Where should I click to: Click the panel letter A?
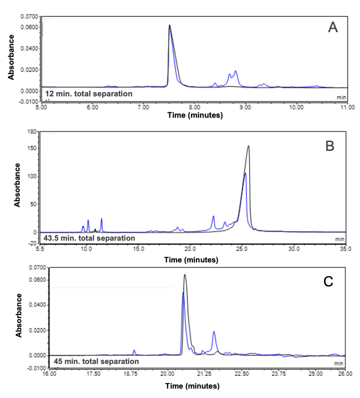click(333, 28)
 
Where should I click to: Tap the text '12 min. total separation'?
click(88, 94)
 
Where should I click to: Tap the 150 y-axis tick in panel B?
click(32, 148)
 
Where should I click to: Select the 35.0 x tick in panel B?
click(345, 249)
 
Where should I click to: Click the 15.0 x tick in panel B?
click(138, 249)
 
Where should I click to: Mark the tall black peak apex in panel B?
click(248, 146)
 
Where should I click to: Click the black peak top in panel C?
click(185, 275)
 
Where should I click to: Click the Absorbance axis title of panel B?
click(17, 185)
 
